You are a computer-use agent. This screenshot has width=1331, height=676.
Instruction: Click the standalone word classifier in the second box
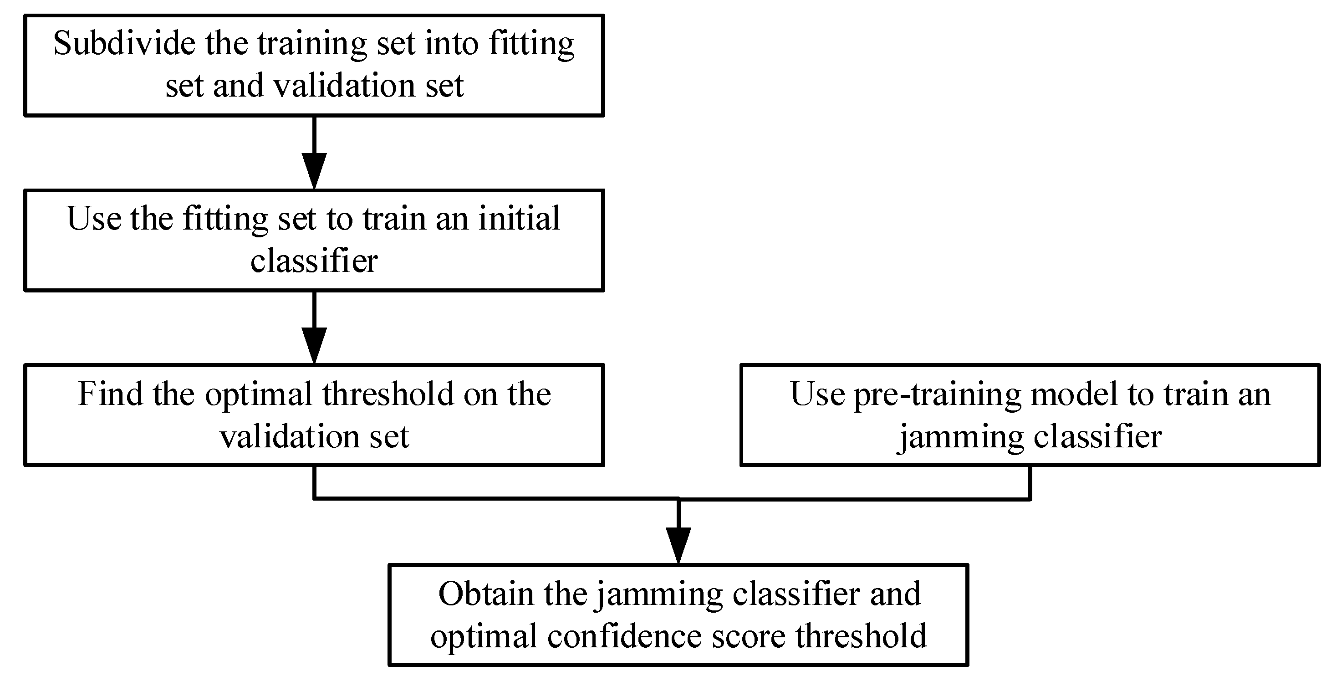click(x=314, y=261)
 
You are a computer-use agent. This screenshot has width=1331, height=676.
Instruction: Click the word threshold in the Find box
click(x=388, y=394)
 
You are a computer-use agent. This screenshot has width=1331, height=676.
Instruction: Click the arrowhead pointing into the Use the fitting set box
click(x=314, y=172)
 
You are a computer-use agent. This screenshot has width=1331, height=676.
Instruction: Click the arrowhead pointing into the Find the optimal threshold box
click(x=314, y=347)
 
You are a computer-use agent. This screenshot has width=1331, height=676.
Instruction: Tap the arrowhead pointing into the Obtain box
click(x=678, y=546)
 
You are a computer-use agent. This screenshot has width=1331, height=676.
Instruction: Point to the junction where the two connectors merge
click(x=678, y=499)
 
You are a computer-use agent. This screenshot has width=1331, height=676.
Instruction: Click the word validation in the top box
click(x=345, y=86)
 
